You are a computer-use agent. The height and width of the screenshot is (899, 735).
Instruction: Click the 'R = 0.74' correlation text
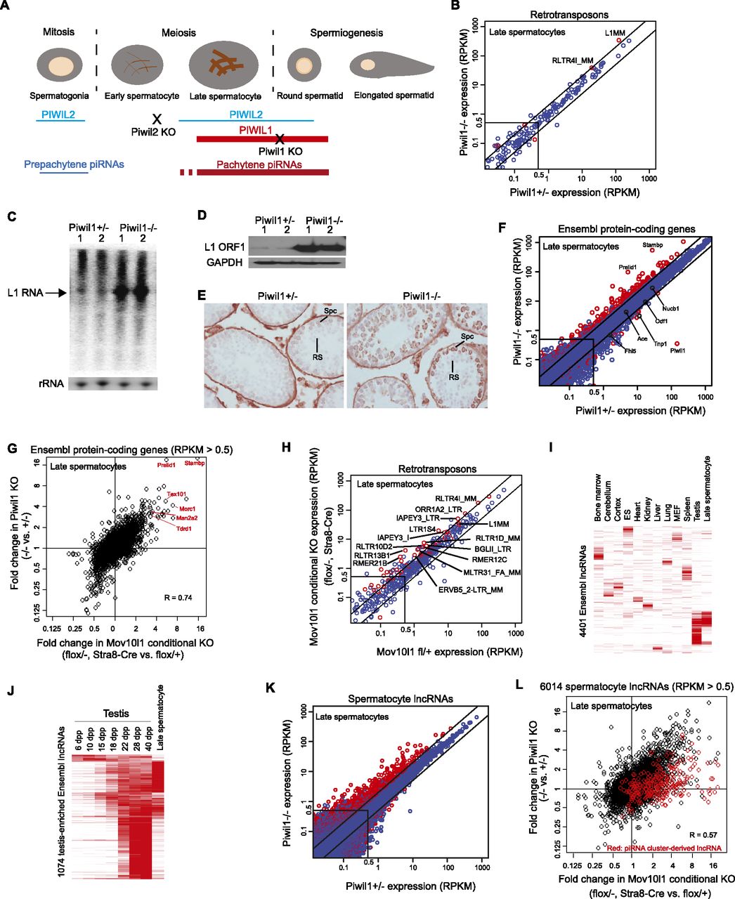178,598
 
